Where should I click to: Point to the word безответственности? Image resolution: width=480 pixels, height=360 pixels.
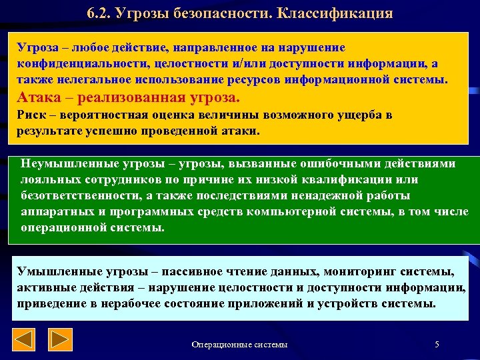click(83, 195)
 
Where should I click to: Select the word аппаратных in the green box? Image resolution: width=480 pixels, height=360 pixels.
click(54, 211)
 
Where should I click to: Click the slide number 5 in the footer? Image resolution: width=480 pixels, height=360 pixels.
click(437, 344)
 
